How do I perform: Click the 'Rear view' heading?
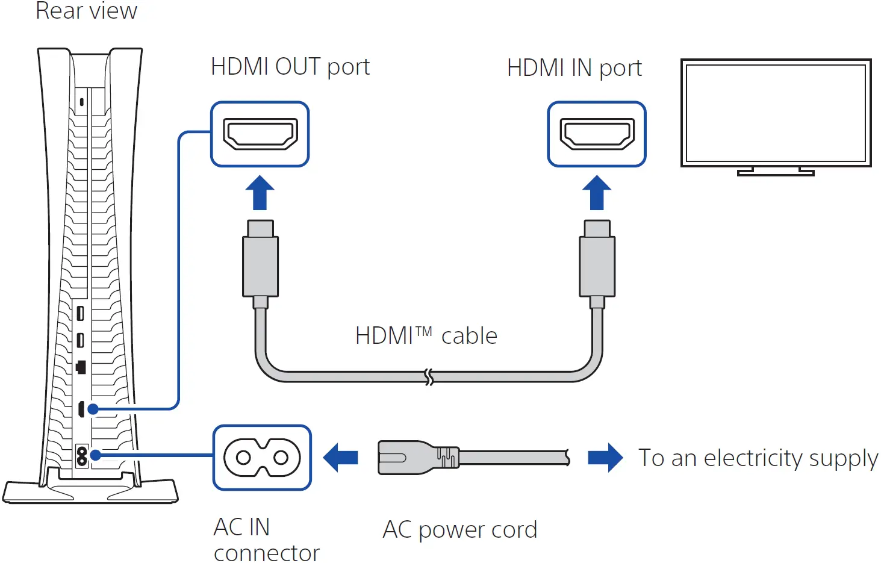click(86, 11)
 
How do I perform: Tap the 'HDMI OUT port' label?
click(290, 67)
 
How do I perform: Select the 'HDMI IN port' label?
click(574, 68)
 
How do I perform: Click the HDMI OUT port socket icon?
click(260, 134)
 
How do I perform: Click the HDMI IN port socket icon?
click(597, 134)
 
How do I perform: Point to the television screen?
click(776, 112)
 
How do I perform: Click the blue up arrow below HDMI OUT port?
click(260, 193)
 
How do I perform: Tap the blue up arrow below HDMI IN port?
click(597, 193)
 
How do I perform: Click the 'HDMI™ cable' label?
click(426, 335)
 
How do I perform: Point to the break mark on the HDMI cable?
click(429, 377)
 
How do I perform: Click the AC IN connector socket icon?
click(262, 458)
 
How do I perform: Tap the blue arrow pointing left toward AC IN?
click(341, 458)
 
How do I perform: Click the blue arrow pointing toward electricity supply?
click(605, 458)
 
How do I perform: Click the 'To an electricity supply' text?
click(758, 458)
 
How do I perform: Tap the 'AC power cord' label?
click(459, 530)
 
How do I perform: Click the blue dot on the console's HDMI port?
click(93, 409)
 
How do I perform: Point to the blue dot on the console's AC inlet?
click(95, 455)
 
